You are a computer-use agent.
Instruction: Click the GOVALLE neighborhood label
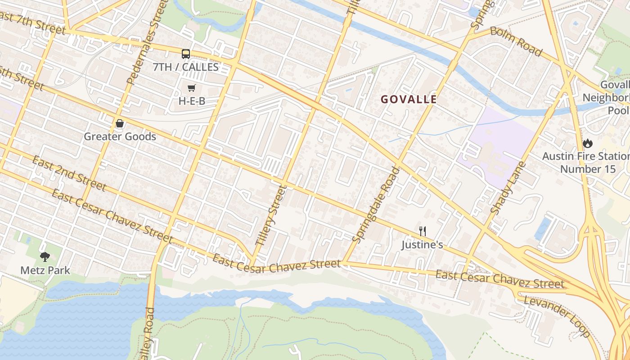pos(409,99)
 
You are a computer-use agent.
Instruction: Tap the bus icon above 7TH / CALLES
pos(186,54)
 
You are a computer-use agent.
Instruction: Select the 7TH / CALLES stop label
pos(185,67)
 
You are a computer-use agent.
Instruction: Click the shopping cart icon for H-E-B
pos(192,88)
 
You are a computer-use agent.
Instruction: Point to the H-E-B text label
pos(192,101)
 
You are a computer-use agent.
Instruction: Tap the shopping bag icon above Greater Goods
pos(120,123)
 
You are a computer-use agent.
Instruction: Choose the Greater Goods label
pos(120,136)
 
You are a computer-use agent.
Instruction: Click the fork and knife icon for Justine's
pos(422,231)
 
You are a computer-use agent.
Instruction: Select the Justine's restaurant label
pos(422,245)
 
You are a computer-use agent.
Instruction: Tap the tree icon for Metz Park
pos(45,257)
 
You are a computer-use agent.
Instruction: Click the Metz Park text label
pos(45,270)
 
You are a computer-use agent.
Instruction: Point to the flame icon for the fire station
pos(587,143)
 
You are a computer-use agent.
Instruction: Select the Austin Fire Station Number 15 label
pos(587,162)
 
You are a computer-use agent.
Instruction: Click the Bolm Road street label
pos(516,41)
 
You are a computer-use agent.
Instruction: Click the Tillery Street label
pos(270,215)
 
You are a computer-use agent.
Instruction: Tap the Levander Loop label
pos(556,316)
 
